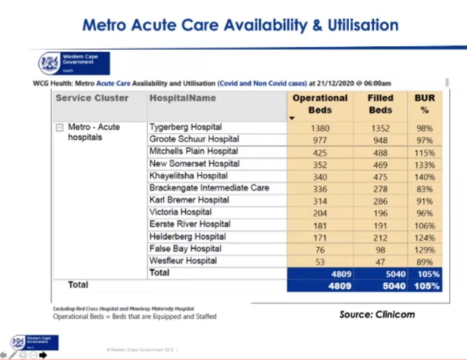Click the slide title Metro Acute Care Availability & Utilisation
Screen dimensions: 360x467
click(x=240, y=25)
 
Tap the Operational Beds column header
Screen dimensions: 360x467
click(x=320, y=104)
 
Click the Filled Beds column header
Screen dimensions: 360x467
click(x=380, y=104)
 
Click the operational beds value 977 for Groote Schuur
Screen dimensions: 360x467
click(x=320, y=140)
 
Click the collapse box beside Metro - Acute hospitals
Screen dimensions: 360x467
click(x=60, y=128)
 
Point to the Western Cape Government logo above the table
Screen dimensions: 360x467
click(x=74, y=64)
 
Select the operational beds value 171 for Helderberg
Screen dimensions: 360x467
click(x=320, y=237)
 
